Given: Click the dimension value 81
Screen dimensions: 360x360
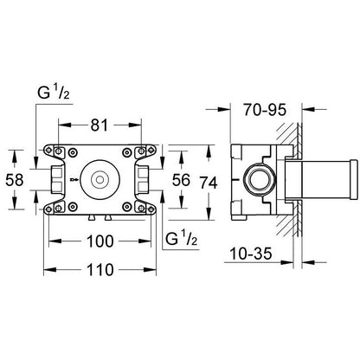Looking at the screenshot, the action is point(100,125).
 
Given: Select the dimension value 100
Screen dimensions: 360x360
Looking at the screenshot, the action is point(100,241).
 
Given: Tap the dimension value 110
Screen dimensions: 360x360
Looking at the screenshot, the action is point(100,270).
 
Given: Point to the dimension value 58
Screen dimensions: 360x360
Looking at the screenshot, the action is point(15,180).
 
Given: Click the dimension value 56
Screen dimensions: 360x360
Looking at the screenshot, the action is point(181,180).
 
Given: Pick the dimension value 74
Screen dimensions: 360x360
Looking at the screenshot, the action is point(209,183).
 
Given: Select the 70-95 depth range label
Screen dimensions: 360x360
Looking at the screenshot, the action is point(265,110).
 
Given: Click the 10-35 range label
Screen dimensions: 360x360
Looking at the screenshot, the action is point(251,254).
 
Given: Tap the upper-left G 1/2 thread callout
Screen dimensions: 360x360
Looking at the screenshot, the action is point(54,93).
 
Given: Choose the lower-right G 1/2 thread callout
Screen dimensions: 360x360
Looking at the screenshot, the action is point(182,239).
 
